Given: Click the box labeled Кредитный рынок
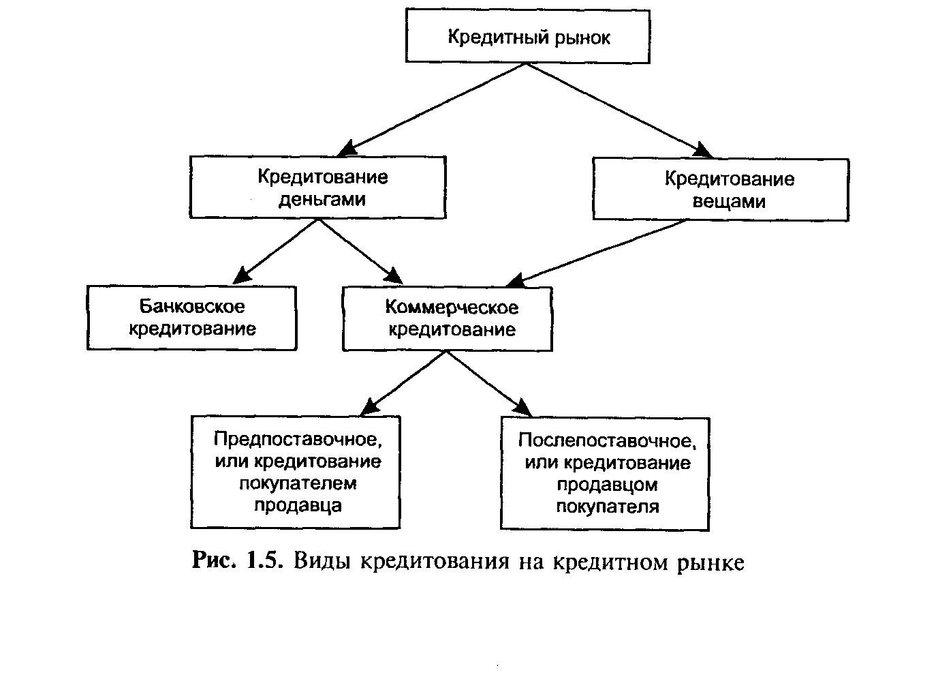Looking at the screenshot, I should click(527, 37).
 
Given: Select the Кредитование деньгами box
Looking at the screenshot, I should click(317, 187).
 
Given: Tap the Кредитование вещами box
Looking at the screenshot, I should click(720, 190).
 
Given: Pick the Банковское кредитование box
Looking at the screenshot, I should click(191, 318).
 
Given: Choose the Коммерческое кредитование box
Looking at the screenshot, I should click(447, 318).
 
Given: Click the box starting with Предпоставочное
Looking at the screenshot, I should click(295, 472).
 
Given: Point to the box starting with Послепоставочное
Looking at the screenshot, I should click(605, 473).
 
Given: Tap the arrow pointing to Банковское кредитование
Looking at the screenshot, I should click(276, 250).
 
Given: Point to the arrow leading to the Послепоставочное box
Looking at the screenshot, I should click(487, 382).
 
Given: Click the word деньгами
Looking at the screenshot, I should click(322, 200).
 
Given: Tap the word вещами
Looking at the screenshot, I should click(729, 202).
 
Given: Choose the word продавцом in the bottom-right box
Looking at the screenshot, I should click(607, 485).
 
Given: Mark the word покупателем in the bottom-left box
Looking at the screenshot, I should click(298, 483).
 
